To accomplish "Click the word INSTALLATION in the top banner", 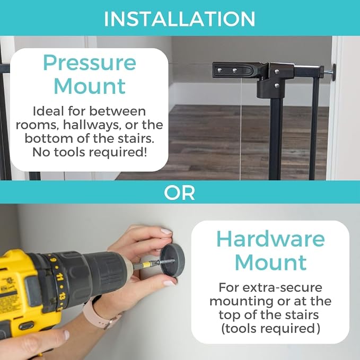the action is pyautogui.click(x=180, y=19).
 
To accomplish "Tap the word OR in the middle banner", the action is pyautogui.click(x=180, y=193).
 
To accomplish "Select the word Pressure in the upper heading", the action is pyautogui.click(x=90, y=63).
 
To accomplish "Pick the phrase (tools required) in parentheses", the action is pyautogui.click(x=270, y=329).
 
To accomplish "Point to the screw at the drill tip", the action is pyautogui.click(x=166, y=261).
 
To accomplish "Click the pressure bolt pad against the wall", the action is pyautogui.click(x=333, y=72).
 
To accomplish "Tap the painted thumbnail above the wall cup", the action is pyautogui.click(x=166, y=231).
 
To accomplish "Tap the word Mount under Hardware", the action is pyautogui.click(x=271, y=262).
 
